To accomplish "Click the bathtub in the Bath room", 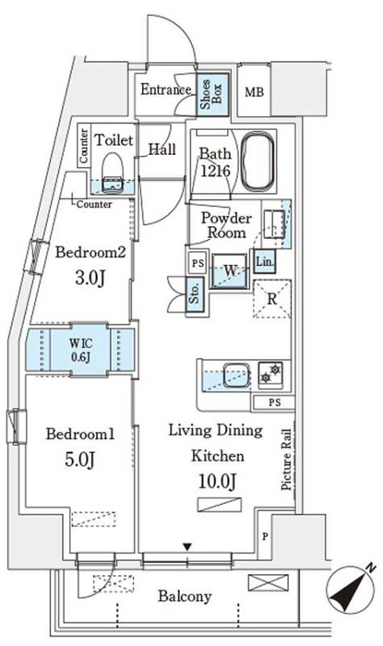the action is (x=257, y=161).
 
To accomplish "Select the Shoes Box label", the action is (x=211, y=94).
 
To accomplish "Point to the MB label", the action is (x=254, y=92).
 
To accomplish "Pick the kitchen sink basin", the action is (x=236, y=375).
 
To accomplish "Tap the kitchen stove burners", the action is (x=270, y=372).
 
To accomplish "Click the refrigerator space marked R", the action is (x=272, y=299).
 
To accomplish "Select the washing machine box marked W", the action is (x=230, y=270).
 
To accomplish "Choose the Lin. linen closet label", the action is (x=264, y=261).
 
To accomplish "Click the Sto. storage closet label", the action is (x=195, y=293).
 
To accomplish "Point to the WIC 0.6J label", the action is (x=80, y=350).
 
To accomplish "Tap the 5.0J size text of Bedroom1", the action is (x=80, y=460).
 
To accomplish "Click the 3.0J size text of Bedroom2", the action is (x=90, y=278).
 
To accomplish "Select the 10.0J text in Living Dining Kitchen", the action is (x=218, y=481).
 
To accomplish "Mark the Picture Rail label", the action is (x=287, y=460).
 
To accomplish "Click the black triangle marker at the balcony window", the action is (x=187, y=547).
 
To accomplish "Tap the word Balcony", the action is (x=185, y=596).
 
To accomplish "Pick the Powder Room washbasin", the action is (x=274, y=223).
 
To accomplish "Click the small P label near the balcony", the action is (x=265, y=537).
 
